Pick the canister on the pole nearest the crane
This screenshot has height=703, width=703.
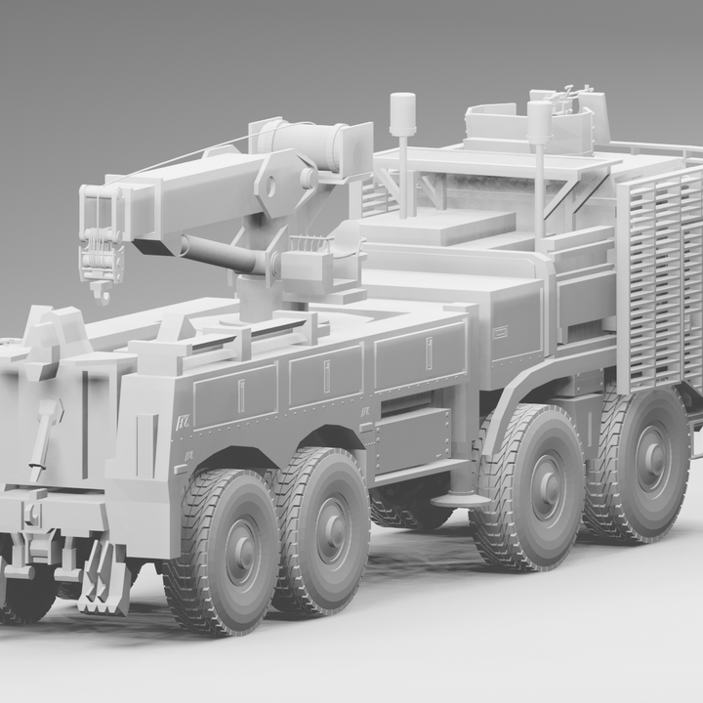[x=402, y=115]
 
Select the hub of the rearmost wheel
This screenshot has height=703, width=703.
[x=241, y=553]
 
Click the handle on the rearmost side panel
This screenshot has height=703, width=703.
[x=241, y=394]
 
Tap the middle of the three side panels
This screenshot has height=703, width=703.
[x=326, y=375]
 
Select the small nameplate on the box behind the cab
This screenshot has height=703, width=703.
[x=501, y=331]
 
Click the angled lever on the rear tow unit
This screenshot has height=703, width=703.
[x=43, y=438]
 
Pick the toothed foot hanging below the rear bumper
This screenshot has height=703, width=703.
[x=103, y=580]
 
